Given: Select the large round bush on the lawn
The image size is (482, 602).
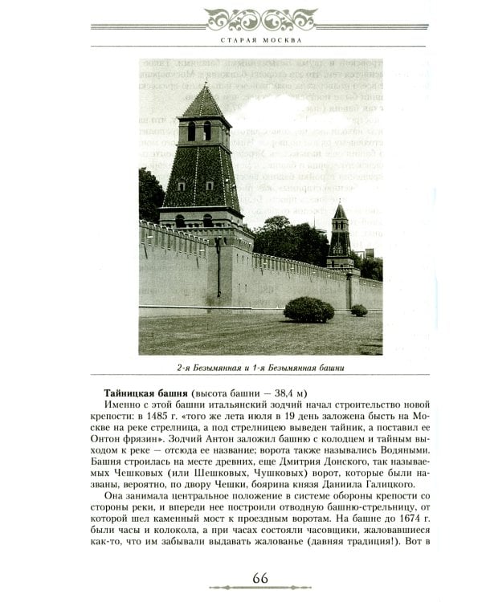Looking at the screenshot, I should pyautogui.click(x=308, y=309).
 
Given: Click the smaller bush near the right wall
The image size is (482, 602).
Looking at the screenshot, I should pyautogui.click(x=358, y=310).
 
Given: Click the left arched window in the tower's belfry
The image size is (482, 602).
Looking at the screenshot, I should pyautogui.click(x=192, y=131).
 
